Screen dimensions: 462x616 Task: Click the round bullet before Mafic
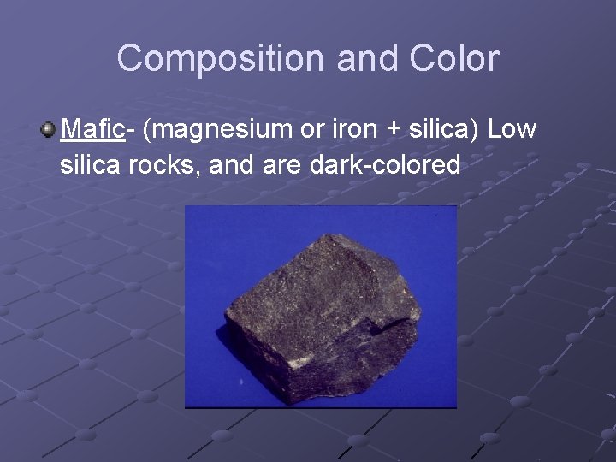[x=48, y=130]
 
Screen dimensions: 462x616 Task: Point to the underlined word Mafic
[x=93, y=130]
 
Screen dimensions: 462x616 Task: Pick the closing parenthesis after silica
[x=481, y=130]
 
